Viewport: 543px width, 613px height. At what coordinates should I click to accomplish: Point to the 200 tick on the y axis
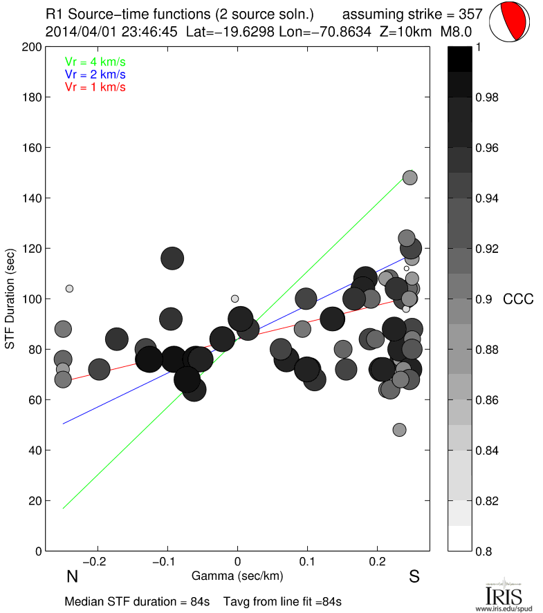coord(31,47)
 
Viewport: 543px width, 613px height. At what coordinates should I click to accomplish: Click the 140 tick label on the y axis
coord(31,198)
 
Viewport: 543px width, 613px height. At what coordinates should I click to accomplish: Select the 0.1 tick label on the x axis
coord(308,560)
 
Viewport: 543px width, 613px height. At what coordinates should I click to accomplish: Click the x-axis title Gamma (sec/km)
coord(237,575)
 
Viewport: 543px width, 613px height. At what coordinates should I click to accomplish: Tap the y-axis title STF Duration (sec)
coord(11,299)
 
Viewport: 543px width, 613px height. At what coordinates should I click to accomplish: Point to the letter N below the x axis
coord(71,576)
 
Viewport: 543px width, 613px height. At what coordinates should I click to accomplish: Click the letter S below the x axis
coord(414,576)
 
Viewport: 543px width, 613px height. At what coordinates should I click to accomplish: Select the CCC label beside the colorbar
coord(518,299)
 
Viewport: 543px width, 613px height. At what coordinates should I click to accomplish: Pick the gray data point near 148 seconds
coord(409,178)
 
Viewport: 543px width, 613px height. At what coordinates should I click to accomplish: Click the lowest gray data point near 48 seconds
coord(399,430)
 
